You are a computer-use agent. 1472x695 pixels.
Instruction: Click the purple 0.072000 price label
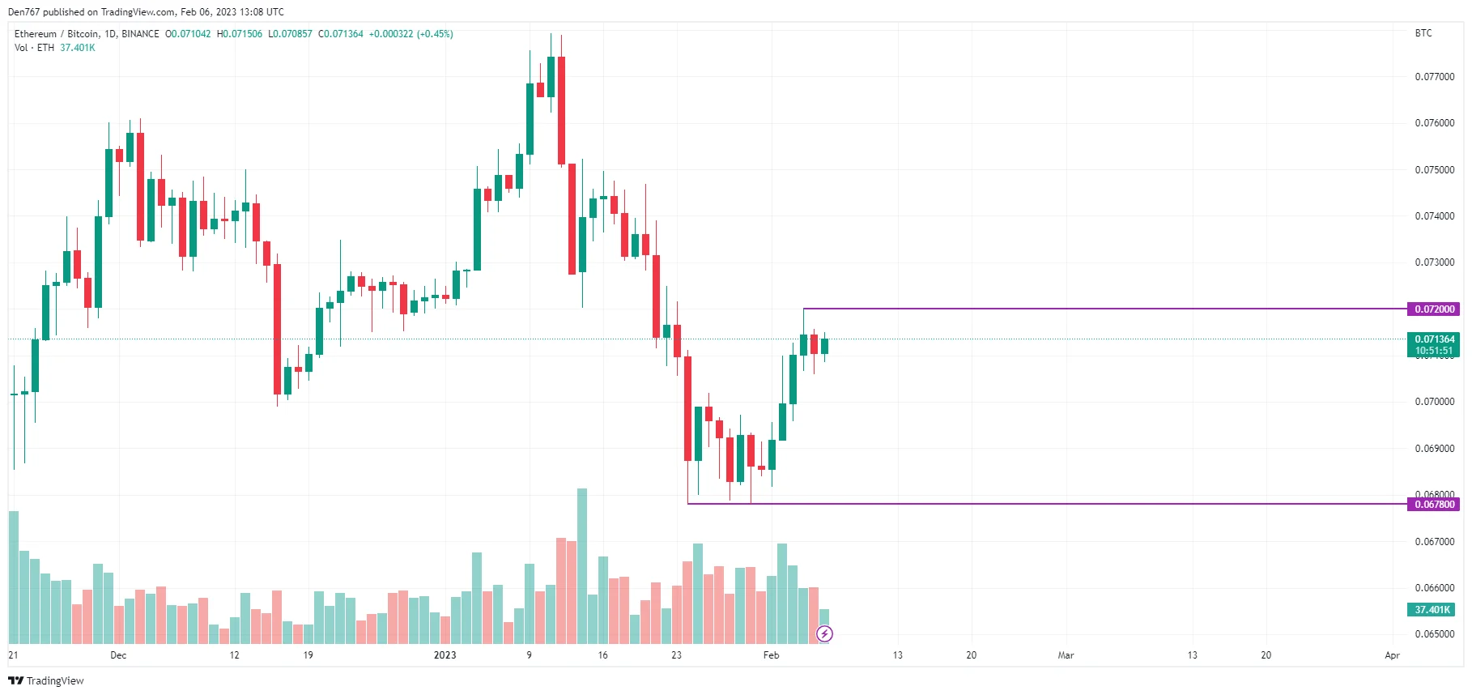pyautogui.click(x=1434, y=309)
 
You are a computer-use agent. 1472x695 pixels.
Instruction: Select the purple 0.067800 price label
pyautogui.click(x=1434, y=505)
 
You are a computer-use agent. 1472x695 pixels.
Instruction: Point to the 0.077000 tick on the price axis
pyautogui.click(x=1434, y=77)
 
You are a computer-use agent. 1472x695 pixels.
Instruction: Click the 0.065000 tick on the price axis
pyautogui.click(x=1434, y=634)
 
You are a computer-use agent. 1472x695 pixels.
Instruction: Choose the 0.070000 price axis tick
pyautogui.click(x=1434, y=402)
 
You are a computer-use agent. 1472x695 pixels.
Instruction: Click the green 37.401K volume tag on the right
pyautogui.click(x=1432, y=610)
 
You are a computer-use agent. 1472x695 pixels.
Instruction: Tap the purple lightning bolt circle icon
pyautogui.click(x=824, y=633)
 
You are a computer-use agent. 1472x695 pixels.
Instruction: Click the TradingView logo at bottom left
pyautogui.click(x=46, y=680)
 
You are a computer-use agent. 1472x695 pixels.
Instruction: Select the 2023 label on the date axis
pyautogui.click(x=445, y=655)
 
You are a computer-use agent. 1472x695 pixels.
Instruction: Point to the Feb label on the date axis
pyautogui.click(x=771, y=655)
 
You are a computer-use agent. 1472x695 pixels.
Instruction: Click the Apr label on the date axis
pyautogui.click(x=1392, y=655)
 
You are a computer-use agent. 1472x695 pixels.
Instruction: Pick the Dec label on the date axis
pyautogui.click(x=118, y=655)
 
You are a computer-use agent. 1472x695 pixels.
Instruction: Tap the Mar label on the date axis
pyautogui.click(x=1066, y=655)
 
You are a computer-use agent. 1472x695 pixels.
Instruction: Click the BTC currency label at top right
pyautogui.click(x=1423, y=33)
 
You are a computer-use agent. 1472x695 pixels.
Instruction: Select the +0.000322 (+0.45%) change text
pyautogui.click(x=411, y=34)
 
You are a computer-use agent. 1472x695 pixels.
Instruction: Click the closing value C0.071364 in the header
pyautogui.click(x=340, y=34)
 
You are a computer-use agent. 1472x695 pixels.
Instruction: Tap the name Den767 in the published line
pyautogui.click(x=23, y=12)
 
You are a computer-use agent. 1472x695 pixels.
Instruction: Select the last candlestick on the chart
pyautogui.click(x=824, y=346)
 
